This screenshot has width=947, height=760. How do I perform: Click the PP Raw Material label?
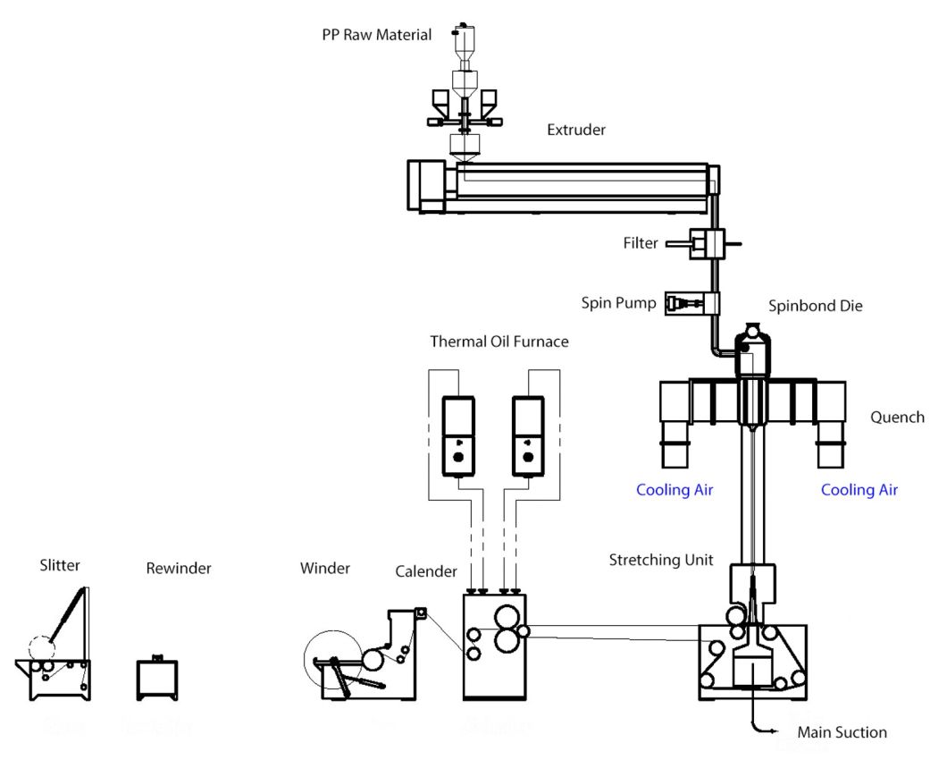click(376, 36)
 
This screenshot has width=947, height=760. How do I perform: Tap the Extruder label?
click(576, 131)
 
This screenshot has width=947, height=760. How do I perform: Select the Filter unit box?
click(705, 243)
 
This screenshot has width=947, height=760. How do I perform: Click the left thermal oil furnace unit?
click(458, 436)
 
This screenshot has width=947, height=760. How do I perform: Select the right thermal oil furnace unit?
click(528, 436)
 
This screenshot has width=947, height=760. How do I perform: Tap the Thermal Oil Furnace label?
click(499, 342)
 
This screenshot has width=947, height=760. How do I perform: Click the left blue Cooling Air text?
click(675, 490)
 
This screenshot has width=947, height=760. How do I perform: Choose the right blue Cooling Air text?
click(859, 490)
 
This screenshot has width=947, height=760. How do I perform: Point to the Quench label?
click(898, 418)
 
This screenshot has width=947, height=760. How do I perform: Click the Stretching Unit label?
click(661, 561)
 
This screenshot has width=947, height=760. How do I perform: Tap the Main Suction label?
click(842, 733)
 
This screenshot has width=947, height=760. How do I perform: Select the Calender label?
click(427, 571)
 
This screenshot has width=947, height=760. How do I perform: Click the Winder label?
click(325, 568)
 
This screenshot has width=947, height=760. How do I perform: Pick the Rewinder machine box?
click(157, 680)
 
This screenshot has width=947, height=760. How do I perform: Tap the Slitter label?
click(60, 565)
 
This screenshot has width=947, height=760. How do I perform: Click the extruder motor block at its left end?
click(426, 185)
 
